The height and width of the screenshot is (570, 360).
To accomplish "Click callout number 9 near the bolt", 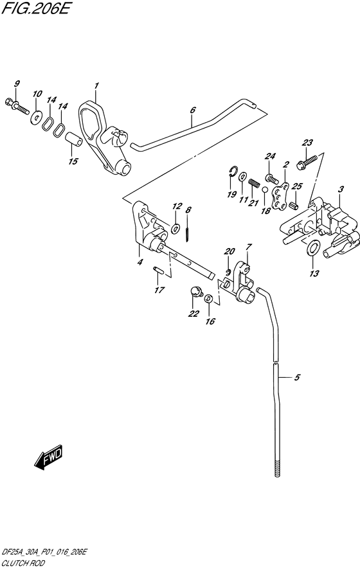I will coord(17,84).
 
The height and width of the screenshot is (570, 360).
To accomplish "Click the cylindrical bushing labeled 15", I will coord(74,139).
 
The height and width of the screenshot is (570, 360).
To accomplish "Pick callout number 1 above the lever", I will coord(96,85).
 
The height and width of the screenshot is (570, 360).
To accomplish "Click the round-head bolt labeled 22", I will coord(192,294).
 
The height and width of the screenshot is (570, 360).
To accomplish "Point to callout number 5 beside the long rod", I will coord(297,378).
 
